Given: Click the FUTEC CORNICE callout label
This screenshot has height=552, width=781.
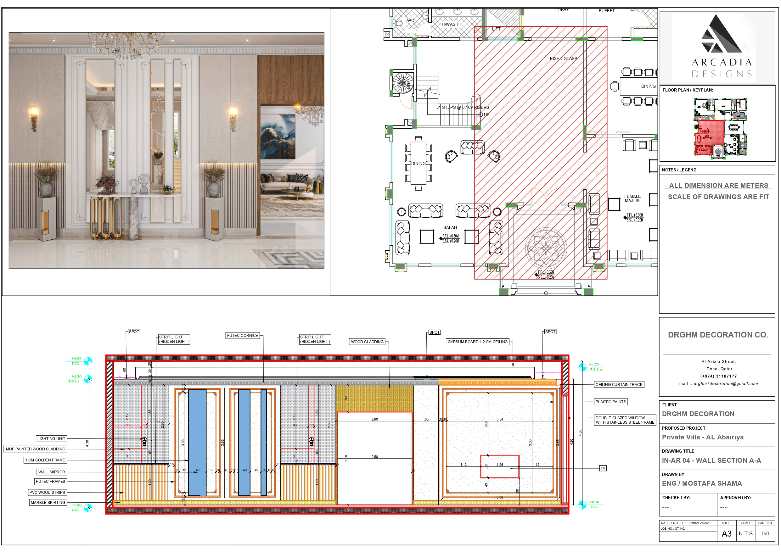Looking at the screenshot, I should click(x=243, y=335).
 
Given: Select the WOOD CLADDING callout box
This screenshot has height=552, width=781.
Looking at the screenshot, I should click(x=367, y=342).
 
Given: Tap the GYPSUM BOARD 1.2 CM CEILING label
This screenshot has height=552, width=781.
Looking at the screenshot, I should click(x=477, y=342).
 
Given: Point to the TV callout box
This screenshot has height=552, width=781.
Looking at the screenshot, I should click(x=603, y=468).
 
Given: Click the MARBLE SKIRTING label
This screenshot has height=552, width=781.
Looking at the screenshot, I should click(x=48, y=502).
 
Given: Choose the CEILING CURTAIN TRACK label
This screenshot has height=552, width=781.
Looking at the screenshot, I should click(x=619, y=384).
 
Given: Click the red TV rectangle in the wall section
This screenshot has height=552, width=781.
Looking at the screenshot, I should click(x=499, y=466).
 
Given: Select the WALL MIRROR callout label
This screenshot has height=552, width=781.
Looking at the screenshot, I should click(x=51, y=472).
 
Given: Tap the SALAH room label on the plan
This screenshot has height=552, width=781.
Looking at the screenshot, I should click(x=450, y=227).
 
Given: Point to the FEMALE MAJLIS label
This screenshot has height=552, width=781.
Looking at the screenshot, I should click(x=632, y=198).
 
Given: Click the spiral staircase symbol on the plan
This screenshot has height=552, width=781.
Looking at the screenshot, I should click(x=403, y=83).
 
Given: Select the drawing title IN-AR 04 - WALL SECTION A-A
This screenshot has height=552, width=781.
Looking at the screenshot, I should click(x=711, y=460).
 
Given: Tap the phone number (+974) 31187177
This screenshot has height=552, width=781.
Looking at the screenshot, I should click(x=718, y=376).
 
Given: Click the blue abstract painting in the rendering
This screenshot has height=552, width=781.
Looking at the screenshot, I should click(x=278, y=137).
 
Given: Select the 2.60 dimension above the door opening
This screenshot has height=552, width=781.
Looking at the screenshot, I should click(x=374, y=419).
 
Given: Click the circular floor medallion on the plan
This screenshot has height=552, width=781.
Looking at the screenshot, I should click(x=546, y=248).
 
